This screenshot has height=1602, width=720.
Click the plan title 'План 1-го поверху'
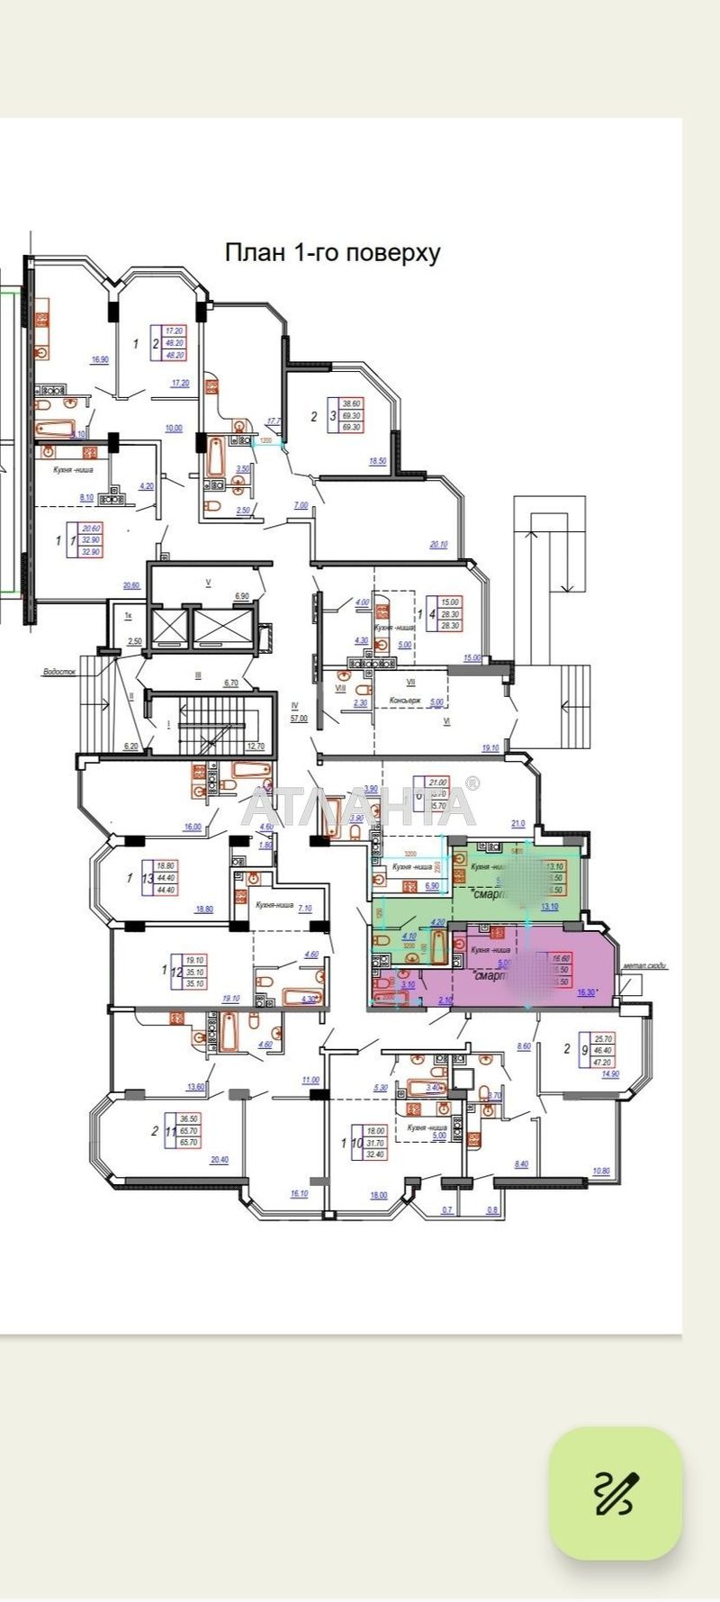tap(332, 253)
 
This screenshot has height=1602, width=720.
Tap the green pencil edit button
tap(616, 1493)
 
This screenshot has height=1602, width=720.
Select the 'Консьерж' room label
tap(405, 701)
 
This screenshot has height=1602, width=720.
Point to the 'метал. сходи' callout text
tap(643, 965)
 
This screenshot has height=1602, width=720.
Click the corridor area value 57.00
tap(298, 719)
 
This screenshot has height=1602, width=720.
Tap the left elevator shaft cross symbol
tap(169, 629)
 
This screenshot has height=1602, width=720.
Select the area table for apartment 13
tap(166, 877)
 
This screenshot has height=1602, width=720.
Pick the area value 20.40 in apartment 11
tap(219, 1161)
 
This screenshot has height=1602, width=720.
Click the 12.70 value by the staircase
tap(255, 746)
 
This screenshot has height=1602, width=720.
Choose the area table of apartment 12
tap(194, 972)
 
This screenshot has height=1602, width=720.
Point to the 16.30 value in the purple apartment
tap(586, 992)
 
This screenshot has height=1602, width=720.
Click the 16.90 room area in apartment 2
tap(100, 360)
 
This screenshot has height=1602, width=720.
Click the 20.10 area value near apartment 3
tap(438, 544)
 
